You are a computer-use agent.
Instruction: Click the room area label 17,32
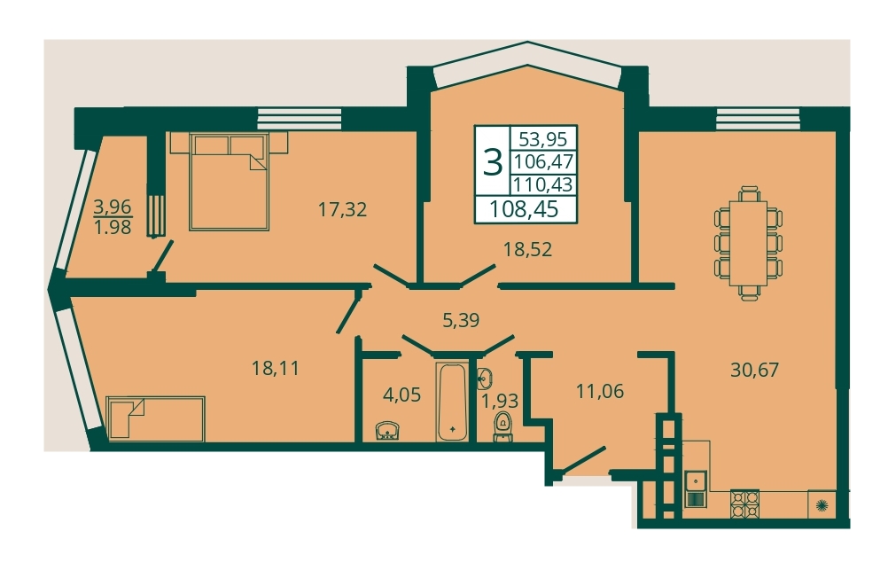click(x=342, y=210)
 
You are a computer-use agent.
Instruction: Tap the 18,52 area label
click(x=528, y=249)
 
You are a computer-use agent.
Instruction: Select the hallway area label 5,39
click(x=461, y=321)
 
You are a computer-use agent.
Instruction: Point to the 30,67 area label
click(x=754, y=370)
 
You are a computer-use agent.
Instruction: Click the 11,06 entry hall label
click(x=600, y=391)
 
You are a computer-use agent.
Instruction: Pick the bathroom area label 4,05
click(x=401, y=394)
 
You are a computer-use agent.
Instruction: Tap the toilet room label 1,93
click(x=500, y=401)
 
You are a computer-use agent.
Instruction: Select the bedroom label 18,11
click(x=276, y=369)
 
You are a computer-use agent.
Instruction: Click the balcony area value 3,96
click(x=113, y=207)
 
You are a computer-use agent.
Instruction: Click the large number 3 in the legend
click(x=493, y=162)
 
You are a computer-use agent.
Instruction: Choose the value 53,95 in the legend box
click(x=543, y=139)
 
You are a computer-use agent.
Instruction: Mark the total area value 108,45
click(x=524, y=210)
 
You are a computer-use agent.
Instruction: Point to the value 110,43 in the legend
click(x=543, y=184)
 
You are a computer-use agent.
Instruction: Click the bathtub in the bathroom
click(x=452, y=402)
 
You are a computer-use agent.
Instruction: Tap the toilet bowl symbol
click(x=502, y=426)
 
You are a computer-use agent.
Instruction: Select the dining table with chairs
click(x=749, y=243)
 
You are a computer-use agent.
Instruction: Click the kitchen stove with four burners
click(x=744, y=504)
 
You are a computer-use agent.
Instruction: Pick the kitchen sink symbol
click(x=695, y=488)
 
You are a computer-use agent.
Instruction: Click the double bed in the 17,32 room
click(x=229, y=182)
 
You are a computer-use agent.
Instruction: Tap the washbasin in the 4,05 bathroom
click(x=388, y=431)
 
